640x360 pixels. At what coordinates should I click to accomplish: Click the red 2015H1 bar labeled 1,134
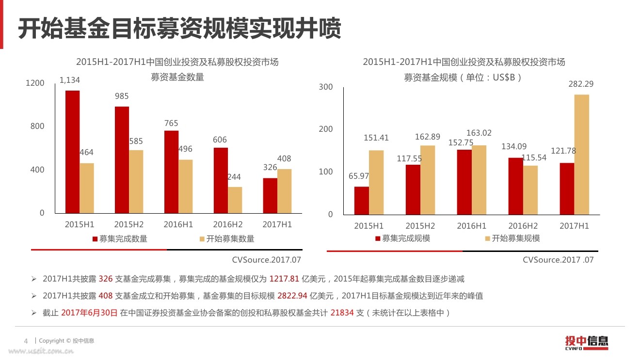tap(73, 152)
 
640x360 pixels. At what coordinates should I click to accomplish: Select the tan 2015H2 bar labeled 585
tap(137, 182)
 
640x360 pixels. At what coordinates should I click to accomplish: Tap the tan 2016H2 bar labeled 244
tap(235, 200)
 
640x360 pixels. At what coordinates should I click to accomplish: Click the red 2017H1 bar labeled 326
tap(270, 196)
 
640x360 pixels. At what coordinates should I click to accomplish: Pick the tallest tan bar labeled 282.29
tap(581, 155)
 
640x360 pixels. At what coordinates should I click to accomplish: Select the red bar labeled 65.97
tap(362, 201)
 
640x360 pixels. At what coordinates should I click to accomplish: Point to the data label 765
tap(171, 124)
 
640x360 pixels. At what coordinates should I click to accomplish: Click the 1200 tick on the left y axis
tap(35, 83)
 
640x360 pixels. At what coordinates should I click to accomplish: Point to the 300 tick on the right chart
tap(326, 87)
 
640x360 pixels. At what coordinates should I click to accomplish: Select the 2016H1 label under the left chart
tap(178, 225)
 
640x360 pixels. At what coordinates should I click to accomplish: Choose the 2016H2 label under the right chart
tap(523, 226)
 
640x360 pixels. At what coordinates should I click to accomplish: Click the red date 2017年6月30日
tap(89, 313)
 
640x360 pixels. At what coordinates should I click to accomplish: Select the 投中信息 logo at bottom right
tap(586, 342)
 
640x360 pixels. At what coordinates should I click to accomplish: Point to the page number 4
tap(26, 341)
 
